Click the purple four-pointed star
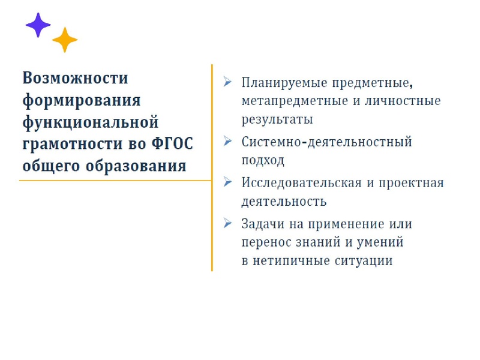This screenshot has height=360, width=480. (38, 25)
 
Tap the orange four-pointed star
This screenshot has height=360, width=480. (65, 40)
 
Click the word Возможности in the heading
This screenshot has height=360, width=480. (76, 79)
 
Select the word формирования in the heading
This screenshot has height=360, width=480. (81, 100)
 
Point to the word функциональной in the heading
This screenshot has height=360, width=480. (91, 122)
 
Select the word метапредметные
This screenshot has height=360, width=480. (290, 100)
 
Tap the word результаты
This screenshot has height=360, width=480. (277, 119)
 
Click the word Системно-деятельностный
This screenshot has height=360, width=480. (327, 142)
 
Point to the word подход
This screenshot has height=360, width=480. (263, 161)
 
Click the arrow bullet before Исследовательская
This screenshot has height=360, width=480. (227, 182)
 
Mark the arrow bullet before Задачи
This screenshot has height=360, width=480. (227, 223)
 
